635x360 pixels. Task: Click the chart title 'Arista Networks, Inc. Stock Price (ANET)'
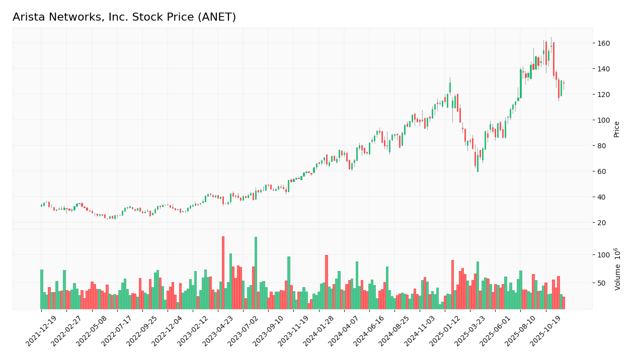pyautogui.click(x=124, y=18)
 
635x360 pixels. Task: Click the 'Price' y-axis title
pyautogui.click(x=617, y=129)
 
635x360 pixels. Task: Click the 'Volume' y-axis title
pyautogui.click(x=617, y=269)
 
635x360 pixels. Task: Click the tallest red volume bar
pyautogui.click(x=223, y=273)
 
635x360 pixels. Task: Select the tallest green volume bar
pyautogui.click(x=256, y=273)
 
